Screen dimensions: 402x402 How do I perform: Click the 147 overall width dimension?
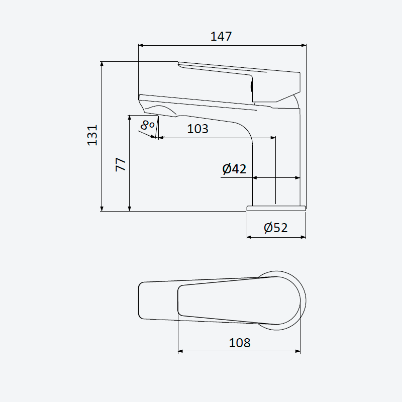point(221,36)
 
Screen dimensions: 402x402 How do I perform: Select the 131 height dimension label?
point(92,135)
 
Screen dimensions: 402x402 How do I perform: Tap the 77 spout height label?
point(121,165)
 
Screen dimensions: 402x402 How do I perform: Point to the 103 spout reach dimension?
point(197,129)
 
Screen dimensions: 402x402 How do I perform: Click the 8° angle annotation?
point(147,125)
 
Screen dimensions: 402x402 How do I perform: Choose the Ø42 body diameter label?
point(234,169)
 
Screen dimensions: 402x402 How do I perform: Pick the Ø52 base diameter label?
point(275,228)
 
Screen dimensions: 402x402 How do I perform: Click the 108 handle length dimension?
point(240,343)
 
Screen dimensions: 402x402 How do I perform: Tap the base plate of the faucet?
point(276,208)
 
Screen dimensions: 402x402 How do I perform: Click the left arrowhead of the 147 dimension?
point(141,45)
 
